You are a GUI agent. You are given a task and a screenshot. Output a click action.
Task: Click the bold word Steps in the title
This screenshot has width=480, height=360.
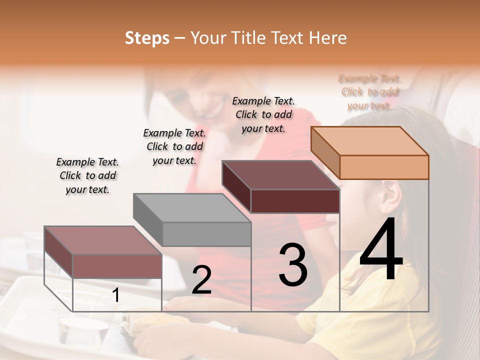pyautogui.click(x=147, y=38)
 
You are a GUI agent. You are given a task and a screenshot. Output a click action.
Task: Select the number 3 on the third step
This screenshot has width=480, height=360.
pyautogui.click(x=293, y=265)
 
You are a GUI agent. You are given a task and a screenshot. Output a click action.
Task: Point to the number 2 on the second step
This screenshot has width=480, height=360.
pyautogui.click(x=201, y=280)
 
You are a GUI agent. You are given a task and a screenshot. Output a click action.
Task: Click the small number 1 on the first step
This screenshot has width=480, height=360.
pyautogui.click(x=116, y=295)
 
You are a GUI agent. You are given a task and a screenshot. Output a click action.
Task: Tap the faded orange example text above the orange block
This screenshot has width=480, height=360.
pyautogui.click(x=370, y=92)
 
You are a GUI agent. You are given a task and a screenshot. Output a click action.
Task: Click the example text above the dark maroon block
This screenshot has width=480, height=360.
pyautogui.click(x=263, y=114)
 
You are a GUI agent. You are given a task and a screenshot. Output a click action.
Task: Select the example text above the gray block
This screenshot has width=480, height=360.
pyautogui.click(x=174, y=146)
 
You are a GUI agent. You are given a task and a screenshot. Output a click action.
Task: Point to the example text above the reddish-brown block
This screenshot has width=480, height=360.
pyautogui.click(x=87, y=175)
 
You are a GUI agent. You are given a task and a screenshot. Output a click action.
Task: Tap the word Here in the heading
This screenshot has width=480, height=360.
pyautogui.click(x=327, y=38)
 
